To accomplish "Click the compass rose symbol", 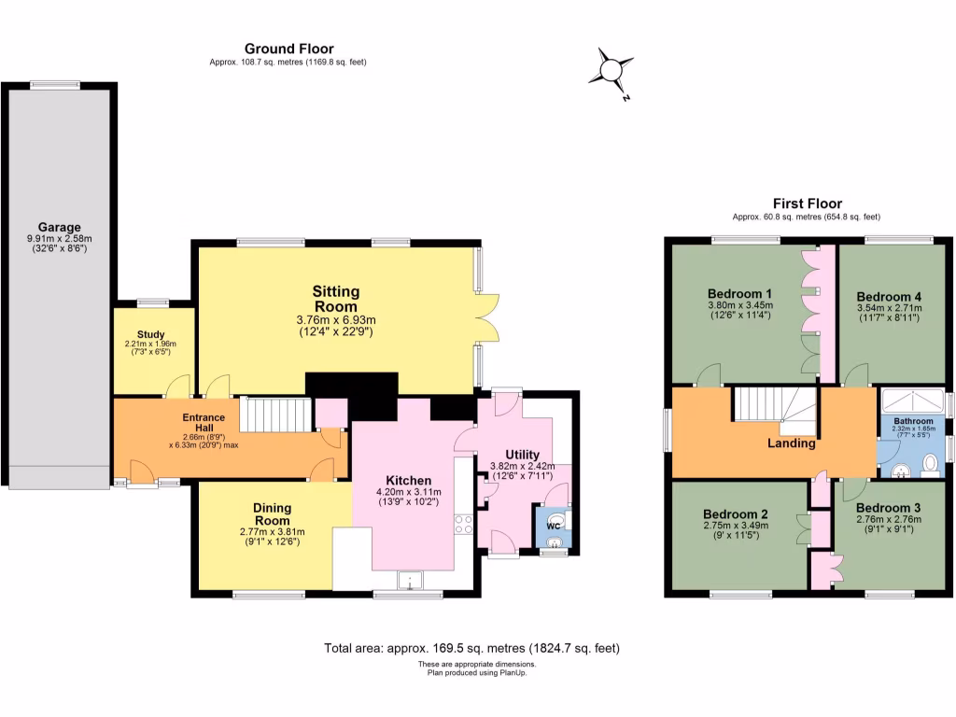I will pos(613,71).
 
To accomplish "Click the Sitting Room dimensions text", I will pos(335,325).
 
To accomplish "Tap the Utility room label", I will pos(516,455).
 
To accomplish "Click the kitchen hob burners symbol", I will pos(461,524).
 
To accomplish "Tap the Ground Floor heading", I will pos(288,49).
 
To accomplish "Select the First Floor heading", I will pos(807,203).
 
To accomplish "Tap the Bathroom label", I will pos(912,421).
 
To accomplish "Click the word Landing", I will pos(792,443).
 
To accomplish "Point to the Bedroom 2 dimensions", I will pos(737,529).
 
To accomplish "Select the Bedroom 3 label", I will pos(888,508).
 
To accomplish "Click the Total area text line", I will pos(471,647).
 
